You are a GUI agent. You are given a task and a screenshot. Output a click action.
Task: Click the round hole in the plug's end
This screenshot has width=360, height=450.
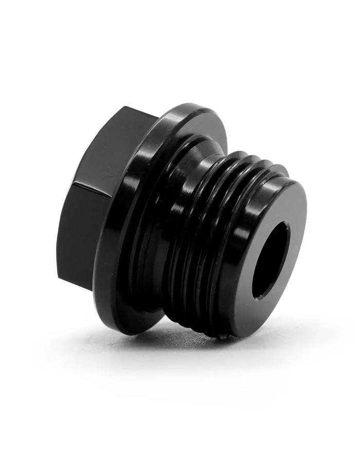click(x=271, y=260)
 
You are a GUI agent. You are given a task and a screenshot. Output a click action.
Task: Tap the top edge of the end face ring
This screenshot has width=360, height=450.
click(x=288, y=177)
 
